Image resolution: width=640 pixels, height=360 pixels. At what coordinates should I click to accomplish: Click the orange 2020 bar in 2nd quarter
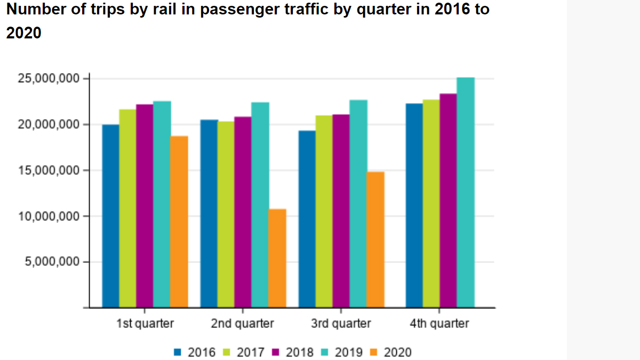tap(277, 258)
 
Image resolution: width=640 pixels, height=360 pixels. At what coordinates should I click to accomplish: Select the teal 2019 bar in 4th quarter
tap(466, 193)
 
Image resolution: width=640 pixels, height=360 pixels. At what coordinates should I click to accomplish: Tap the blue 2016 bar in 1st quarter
tap(110, 216)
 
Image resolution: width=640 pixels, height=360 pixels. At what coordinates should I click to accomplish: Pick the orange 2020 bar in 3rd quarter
tap(375, 239)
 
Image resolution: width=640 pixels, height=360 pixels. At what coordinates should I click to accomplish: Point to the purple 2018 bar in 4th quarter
tap(448, 201)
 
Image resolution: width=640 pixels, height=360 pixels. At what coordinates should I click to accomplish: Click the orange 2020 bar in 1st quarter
tap(179, 222)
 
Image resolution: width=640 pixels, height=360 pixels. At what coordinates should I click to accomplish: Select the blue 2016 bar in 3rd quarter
tap(307, 219)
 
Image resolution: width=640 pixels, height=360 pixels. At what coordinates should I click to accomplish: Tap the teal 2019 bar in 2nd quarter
tap(260, 205)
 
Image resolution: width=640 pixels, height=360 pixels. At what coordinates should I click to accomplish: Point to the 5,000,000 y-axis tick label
tap(52, 262)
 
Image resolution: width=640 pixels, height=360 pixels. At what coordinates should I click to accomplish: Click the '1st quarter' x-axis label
tap(145, 324)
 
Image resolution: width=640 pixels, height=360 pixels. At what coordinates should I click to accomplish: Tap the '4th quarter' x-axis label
tap(439, 324)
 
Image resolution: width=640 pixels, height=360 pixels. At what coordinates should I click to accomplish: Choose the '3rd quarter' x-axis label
tap(341, 324)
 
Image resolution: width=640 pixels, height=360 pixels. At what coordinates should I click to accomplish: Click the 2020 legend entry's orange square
tap(374, 352)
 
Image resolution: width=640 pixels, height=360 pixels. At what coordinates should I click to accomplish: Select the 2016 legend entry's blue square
tap(178, 352)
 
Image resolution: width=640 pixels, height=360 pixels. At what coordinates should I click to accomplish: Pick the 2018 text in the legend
tap(300, 352)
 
